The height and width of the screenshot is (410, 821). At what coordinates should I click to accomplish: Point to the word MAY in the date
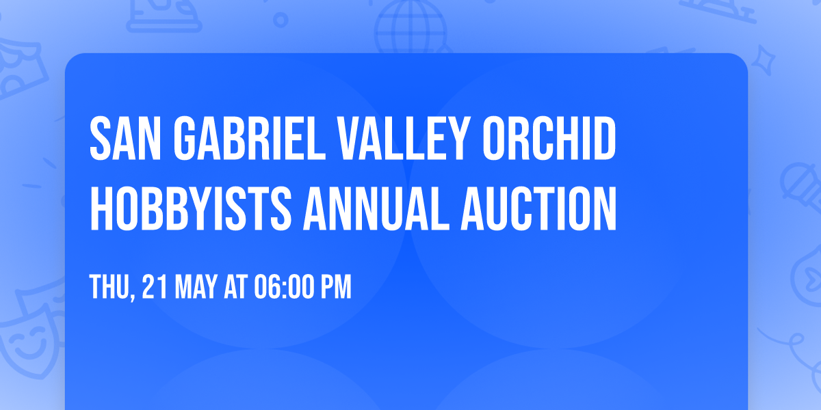[x=196, y=288]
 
